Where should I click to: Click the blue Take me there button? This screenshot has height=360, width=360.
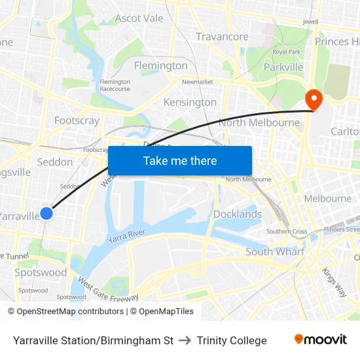pos(180,160)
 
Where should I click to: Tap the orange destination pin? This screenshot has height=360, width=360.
pos(314,100)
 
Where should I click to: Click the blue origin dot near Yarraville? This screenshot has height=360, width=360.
pos(46,213)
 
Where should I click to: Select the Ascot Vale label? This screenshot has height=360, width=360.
pos(139,18)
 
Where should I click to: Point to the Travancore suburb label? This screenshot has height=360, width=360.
pos(222,37)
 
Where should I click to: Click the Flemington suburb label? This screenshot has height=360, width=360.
pos(160,65)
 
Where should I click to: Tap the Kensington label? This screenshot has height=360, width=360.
pos(190,102)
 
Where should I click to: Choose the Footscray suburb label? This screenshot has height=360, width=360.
pos(77,120)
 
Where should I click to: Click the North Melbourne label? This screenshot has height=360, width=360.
pos(259,122)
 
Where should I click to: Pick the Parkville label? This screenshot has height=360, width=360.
pos(283,67)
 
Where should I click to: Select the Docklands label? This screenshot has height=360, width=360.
pos(238,214)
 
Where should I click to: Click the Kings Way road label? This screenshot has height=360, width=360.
pos(334,281)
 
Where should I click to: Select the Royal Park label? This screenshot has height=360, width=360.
pos(286,52)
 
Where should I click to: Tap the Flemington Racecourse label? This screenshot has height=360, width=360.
pos(115,85)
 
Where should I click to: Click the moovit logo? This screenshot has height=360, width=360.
pos(320,340)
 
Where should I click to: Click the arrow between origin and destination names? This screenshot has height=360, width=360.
pos(185,340)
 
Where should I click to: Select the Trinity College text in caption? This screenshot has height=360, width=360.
pos(232,340)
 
